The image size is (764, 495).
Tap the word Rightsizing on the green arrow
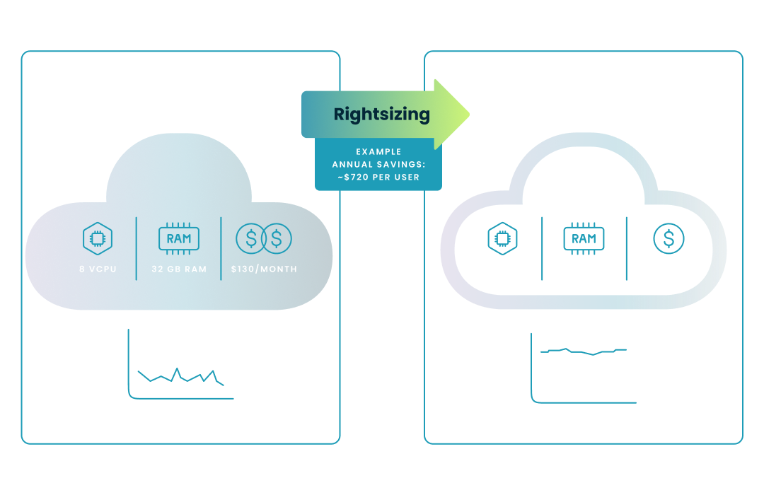click(x=381, y=114)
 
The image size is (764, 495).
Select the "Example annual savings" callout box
click(x=378, y=164)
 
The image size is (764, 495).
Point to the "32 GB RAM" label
click(x=179, y=269)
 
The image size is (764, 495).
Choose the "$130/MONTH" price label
click(x=264, y=269)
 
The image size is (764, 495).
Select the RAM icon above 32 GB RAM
click(x=179, y=239)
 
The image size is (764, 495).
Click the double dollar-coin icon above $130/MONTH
click(x=264, y=239)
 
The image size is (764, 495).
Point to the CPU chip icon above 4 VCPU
click(x=502, y=239)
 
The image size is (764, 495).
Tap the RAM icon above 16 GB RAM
click(x=584, y=239)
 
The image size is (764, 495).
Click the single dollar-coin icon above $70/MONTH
click(x=668, y=239)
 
